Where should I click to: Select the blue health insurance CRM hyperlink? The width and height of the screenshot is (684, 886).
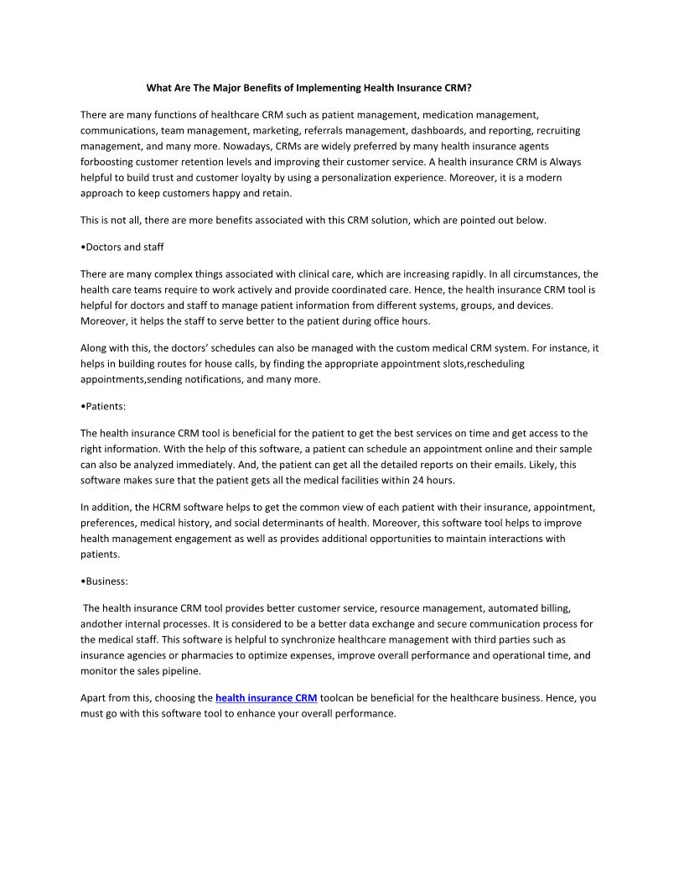coord(266,698)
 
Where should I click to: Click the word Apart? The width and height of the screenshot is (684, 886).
coord(93,698)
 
